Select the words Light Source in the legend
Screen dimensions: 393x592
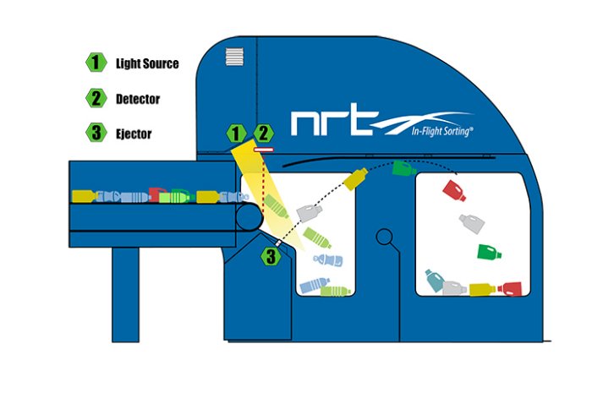pyautogui.click(x=147, y=63)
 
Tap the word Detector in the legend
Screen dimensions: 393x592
pyautogui.click(x=138, y=98)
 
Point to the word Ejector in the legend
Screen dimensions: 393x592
pyautogui.click(x=134, y=133)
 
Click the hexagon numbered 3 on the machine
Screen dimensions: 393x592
pyautogui.click(x=270, y=255)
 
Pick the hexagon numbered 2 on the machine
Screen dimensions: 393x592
pyautogui.click(x=265, y=133)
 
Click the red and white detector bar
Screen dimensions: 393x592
pyautogui.click(x=262, y=147)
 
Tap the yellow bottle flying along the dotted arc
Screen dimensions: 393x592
pyautogui.click(x=356, y=179)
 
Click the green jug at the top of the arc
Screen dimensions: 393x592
pyautogui.click(x=403, y=169)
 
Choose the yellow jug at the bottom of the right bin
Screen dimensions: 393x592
pyautogui.click(x=482, y=290)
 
